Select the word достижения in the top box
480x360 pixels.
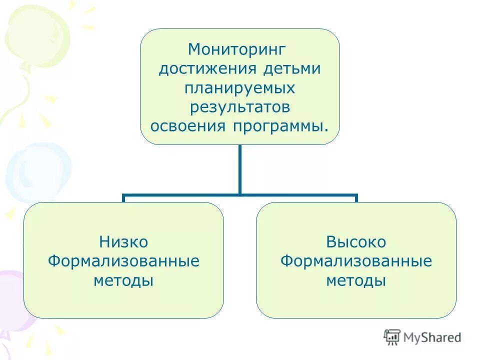pos(200,68)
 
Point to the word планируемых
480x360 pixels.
pos(239,88)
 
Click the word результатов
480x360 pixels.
pos(239,106)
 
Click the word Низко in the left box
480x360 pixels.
pos(123,242)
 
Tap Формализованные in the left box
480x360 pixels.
pos(123,261)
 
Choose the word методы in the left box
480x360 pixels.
pos(123,280)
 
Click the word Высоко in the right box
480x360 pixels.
pos(356,242)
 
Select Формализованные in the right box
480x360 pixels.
pos(356,261)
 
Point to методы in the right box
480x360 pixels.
pos(356,280)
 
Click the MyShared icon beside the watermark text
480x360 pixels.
pos(392,337)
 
